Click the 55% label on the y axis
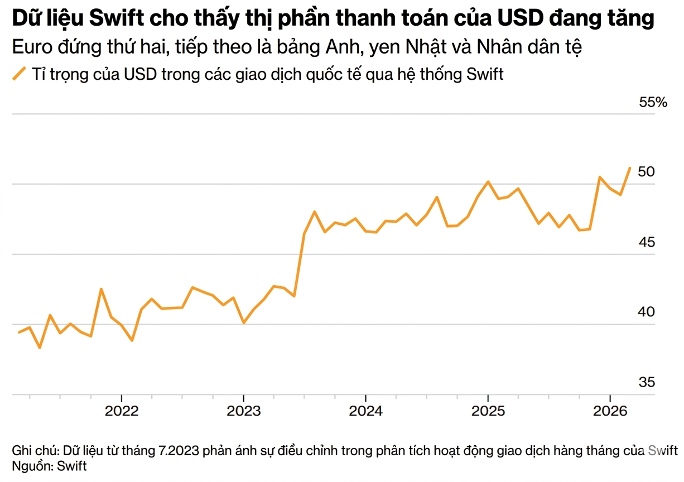click(x=653, y=103)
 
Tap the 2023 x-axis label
click(x=243, y=412)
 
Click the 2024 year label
click(x=365, y=412)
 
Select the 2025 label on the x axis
click(x=488, y=412)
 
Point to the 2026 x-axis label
click(x=610, y=412)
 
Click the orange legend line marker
click(x=20, y=74)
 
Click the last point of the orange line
click(x=630, y=167)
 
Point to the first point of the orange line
click(x=19, y=332)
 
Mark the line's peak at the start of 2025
click(x=488, y=182)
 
